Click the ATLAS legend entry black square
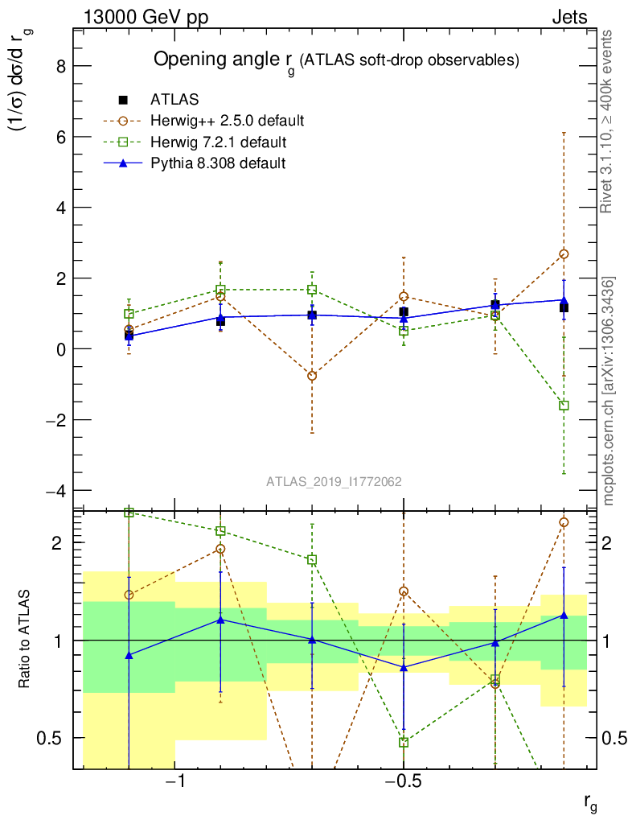coord(124,100)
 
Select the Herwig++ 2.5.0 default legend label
coord(227,122)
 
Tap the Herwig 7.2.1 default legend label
coord(218,142)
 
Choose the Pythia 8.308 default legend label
coord(218,164)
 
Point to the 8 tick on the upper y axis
coord(59,66)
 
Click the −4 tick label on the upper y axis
coord(54,491)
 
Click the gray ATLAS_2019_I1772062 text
coord(334,482)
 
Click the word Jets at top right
coord(569,17)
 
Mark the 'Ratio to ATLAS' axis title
coord(25,640)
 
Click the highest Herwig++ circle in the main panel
coord(564,254)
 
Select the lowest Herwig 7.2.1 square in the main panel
coord(564,406)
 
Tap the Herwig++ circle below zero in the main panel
coord(312,376)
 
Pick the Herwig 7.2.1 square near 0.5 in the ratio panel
coord(404,742)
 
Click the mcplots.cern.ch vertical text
coord(609,391)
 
